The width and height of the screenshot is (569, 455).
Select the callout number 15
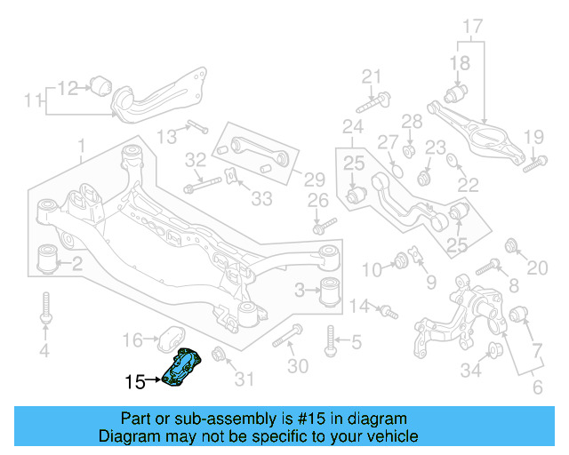135,382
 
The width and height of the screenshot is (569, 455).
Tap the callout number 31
243,379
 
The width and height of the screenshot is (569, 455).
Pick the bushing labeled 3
331,291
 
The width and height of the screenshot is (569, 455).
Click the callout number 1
81,144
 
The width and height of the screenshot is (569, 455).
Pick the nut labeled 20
512,245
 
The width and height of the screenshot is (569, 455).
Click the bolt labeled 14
387,311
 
